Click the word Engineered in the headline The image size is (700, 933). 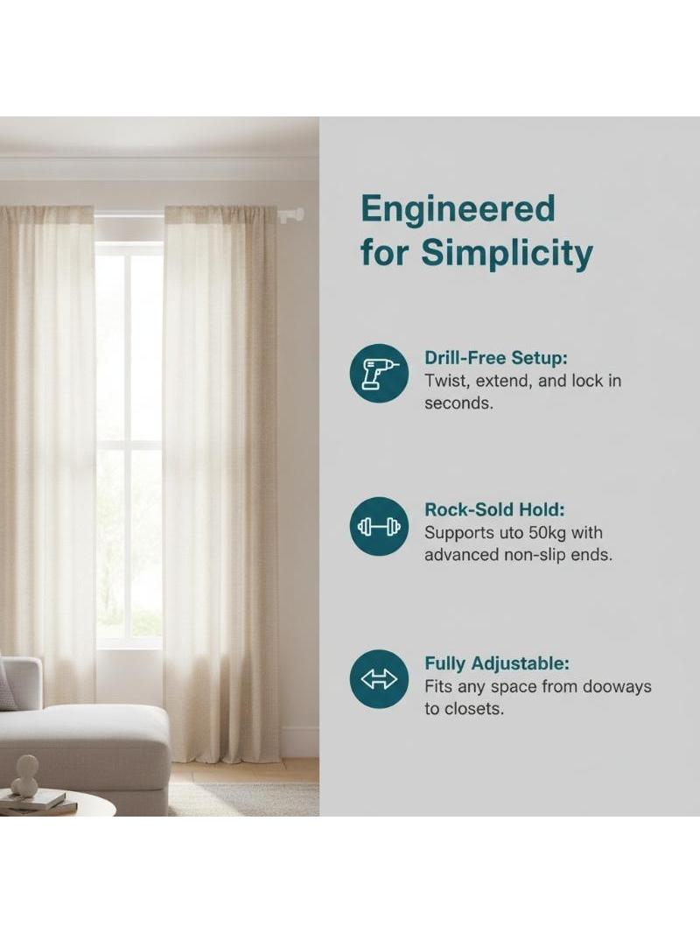click(x=458, y=209)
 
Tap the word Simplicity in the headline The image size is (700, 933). click(x=507, y=254)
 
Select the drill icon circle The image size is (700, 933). click(x=380, y=373)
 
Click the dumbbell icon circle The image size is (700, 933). click(x=380, y=526)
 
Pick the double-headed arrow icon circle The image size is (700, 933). click(x=380, y=679)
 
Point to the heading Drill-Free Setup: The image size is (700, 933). click(x=496, y=358)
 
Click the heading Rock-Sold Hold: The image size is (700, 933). click(x=494, y=509)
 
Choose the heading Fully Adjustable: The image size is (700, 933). click(x=497, y=663)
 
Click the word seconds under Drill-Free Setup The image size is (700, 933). click(x=458, y=403)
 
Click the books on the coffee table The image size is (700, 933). click(x=37, y=803)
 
